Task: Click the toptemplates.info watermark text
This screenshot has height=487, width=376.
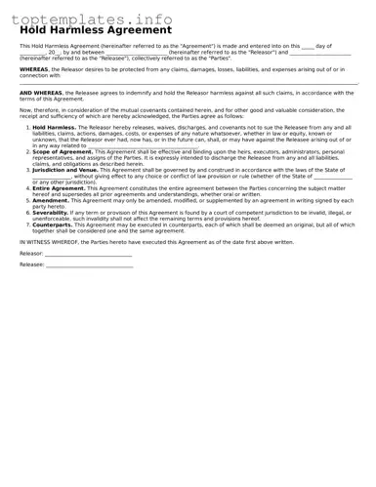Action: point(92,19)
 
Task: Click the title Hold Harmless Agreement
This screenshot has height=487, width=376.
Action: point(95,30)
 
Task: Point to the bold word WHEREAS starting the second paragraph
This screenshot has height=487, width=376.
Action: point(33,70)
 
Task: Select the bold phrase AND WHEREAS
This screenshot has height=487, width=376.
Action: point(41,93)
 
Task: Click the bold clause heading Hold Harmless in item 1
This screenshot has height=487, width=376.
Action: point(54,127)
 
